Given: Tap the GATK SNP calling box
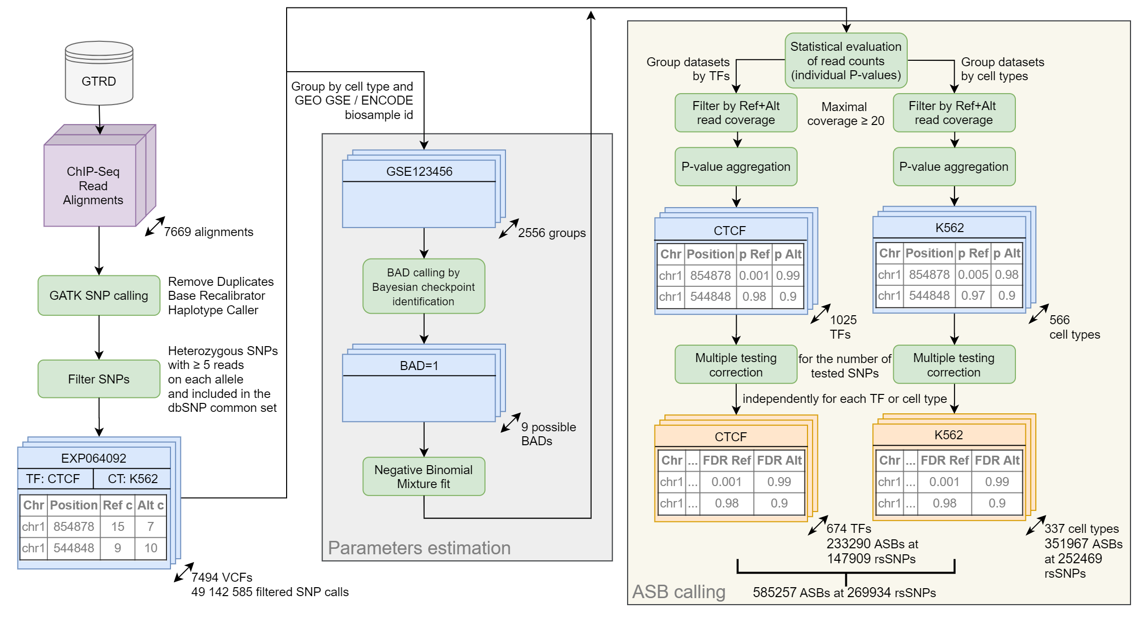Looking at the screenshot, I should coord(99,295).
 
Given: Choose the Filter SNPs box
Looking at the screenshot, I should coord(99,379).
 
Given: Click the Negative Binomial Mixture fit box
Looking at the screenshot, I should coord(424,477).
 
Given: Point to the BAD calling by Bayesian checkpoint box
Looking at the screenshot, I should coord(424,286).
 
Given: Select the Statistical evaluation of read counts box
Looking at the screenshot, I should coord(846,61).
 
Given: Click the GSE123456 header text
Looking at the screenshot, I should coord(419,172).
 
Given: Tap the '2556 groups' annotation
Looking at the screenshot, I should coord(552,233).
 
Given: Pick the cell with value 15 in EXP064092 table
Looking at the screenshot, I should coord(118,527).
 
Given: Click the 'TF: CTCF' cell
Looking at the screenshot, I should coord(53,479).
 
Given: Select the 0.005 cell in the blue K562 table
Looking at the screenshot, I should coord(973,275).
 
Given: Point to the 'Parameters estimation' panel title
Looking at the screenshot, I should coord(419,548).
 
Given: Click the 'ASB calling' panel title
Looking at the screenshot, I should coord(679,592).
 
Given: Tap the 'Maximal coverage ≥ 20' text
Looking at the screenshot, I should coord(845,114).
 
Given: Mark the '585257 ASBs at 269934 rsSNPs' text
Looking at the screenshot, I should coord(844,593).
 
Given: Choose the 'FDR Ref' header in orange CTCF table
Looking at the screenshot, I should coord(727,461).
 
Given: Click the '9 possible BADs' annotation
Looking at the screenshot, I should coord(548,434).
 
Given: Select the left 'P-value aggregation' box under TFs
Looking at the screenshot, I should coord(736,167).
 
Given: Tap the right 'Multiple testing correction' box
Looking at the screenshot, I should coord(954,365).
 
